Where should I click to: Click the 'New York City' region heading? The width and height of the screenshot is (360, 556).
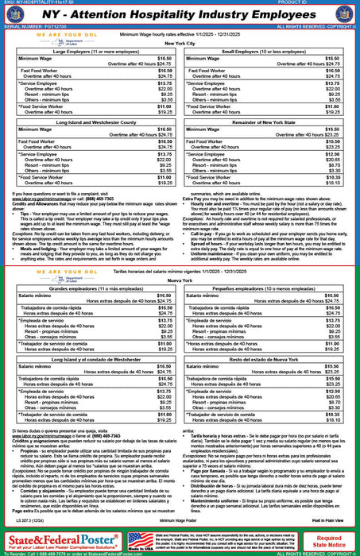(179, 44)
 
